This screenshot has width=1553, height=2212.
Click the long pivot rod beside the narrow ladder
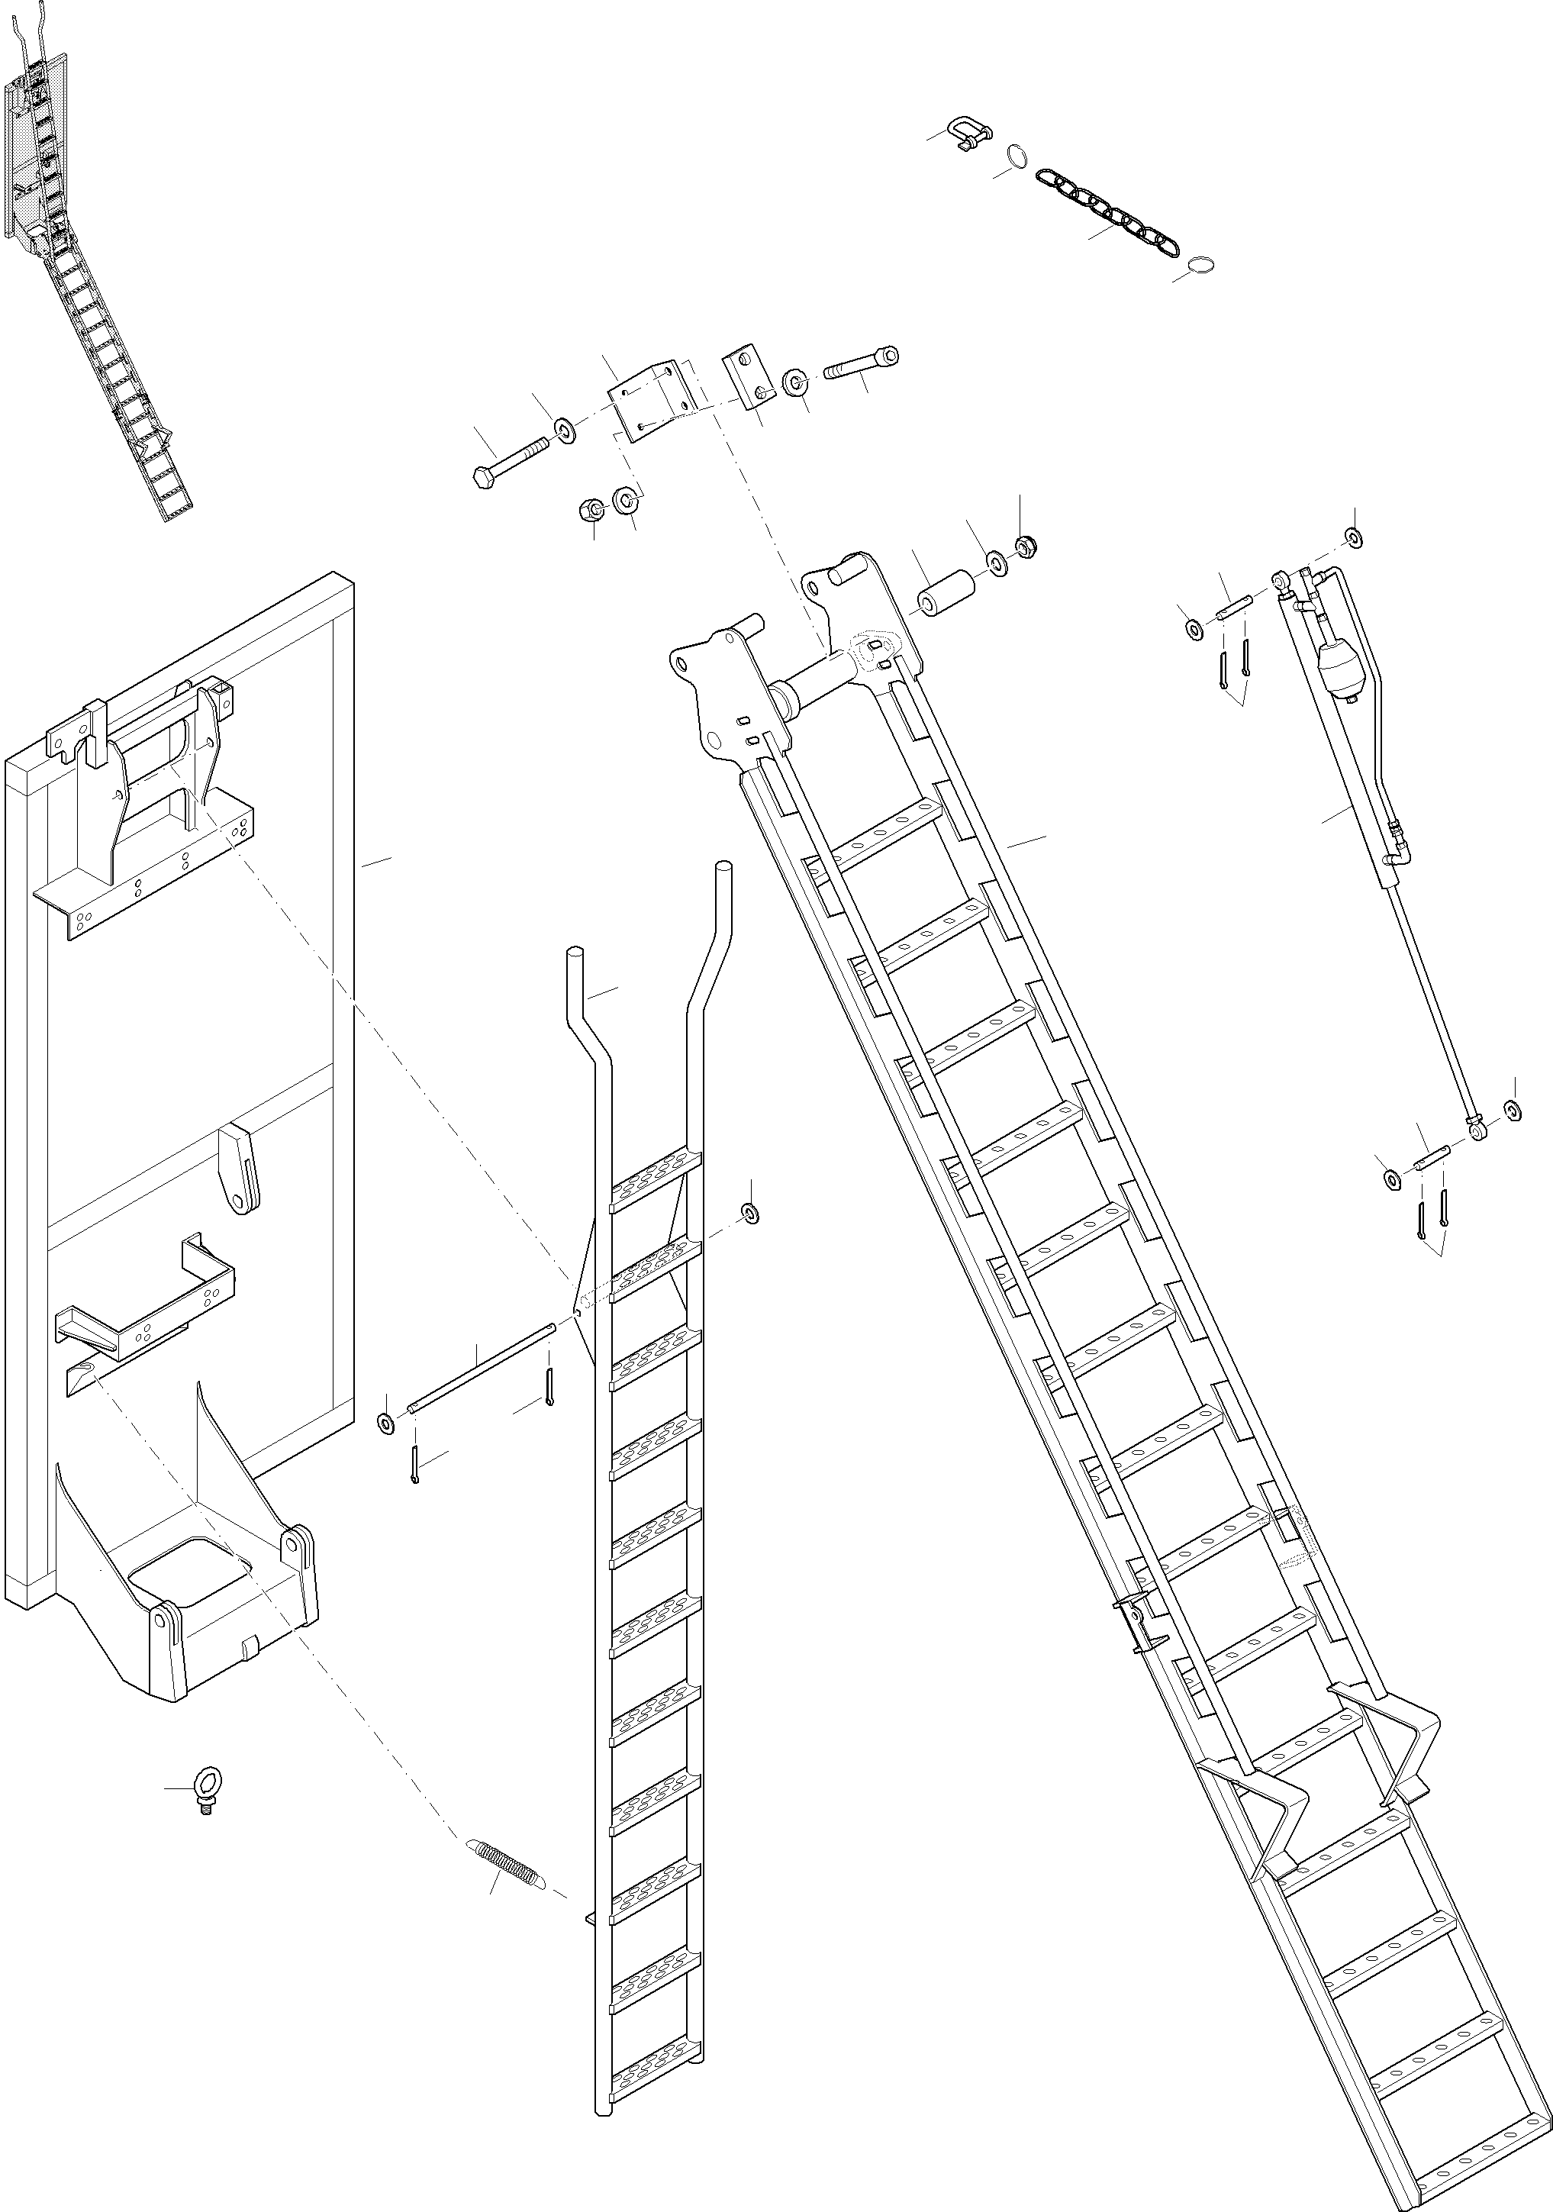click(x=482, y=1368)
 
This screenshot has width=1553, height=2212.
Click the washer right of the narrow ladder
click(x=749, y=1212)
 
